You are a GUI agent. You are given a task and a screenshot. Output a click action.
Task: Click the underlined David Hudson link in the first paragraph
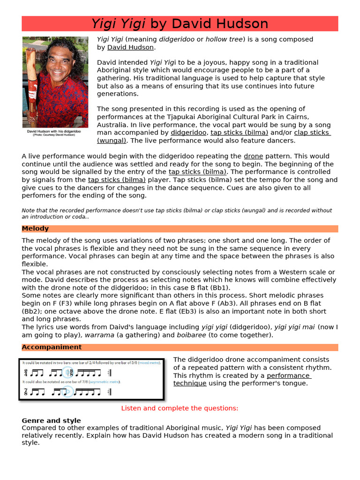pos(130,47)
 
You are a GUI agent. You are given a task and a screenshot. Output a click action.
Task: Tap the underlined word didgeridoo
pos(188,133)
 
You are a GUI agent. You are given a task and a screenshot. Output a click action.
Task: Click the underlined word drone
pos(253,156)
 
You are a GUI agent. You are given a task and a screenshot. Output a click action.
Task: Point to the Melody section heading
pos(35,229)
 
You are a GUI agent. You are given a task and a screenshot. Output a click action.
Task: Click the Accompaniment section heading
pos(52,347)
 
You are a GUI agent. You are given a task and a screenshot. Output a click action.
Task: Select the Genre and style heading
pos(51,420)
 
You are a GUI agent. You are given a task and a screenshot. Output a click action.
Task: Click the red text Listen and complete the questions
pos(180,408)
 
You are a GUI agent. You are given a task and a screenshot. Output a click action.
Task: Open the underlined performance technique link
pos(288,376)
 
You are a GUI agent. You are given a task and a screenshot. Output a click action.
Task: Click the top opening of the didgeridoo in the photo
pos(32,49)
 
